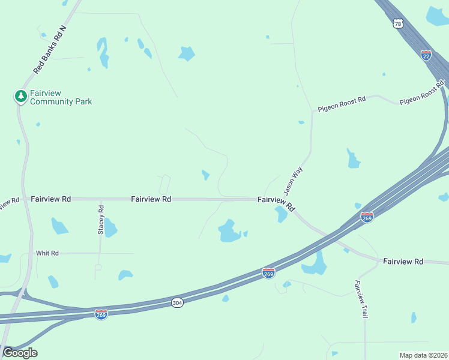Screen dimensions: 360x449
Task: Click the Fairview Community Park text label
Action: (61, 97)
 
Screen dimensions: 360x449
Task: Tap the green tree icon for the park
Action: (20, 96)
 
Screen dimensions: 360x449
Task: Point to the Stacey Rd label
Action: (101, 219)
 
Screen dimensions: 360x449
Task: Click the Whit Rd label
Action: (47, 253)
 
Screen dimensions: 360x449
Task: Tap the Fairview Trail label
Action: (361, 299)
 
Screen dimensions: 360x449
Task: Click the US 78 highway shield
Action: (397, 23)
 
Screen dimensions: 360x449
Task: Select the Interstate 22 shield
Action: (426, 55)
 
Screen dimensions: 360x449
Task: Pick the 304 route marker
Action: (176, 301)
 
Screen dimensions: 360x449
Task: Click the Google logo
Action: (20, 353)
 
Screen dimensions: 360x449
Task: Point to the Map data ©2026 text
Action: (423, 355)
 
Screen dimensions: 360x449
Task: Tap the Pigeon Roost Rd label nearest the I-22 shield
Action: (421, 96)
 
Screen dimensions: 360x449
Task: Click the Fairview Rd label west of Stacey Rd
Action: (51, 198)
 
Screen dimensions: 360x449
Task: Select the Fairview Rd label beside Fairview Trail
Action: (403, 261)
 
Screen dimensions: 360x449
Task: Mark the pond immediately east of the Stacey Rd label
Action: (110, 228)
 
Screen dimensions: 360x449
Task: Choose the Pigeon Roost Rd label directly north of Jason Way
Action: (341, 104)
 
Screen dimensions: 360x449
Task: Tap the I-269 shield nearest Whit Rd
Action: (101, 314)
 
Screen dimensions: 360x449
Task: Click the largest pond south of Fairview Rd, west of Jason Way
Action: (228, 231)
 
